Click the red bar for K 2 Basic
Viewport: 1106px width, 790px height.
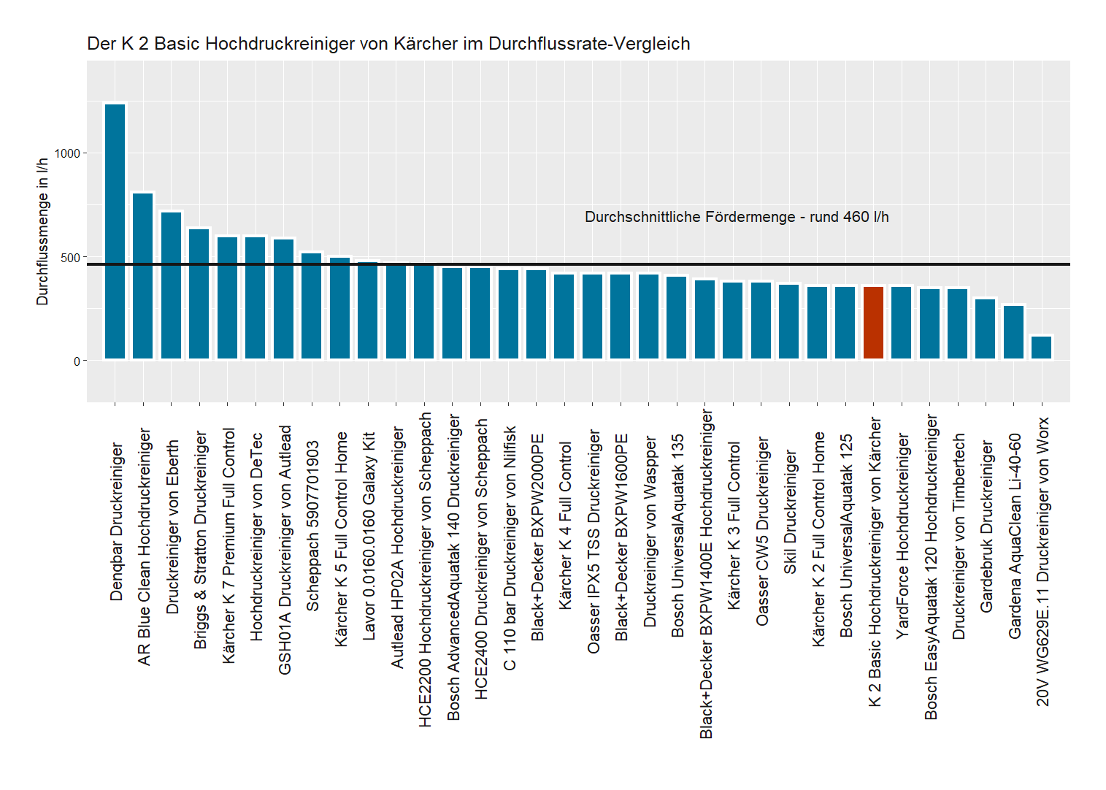click(873, 323)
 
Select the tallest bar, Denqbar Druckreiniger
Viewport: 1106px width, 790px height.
click(115, 231)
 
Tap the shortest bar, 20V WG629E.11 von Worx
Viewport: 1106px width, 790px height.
click(1042, 348)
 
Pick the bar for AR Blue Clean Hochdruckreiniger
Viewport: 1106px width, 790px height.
click(143, 276)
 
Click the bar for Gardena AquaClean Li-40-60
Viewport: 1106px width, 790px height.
click(1013, 332)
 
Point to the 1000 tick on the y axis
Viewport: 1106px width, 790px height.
click(67, 153)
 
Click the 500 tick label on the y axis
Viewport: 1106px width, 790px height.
click(71, 258)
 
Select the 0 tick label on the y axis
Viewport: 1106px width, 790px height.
click(77, 361)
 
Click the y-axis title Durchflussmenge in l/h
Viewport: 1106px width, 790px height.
click(42, 231)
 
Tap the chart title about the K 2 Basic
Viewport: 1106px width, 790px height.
click(388, 44)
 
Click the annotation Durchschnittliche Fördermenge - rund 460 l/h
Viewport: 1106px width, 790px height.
click(737, 217)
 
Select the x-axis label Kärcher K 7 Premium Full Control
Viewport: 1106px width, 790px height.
click(229, 545)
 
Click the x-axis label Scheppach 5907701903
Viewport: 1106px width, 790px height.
click(312, 526)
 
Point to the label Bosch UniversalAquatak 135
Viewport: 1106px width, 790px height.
click(677, 535)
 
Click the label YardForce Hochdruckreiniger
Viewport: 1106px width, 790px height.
click(902, 536)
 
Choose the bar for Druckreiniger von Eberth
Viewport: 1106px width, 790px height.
click(172, 285)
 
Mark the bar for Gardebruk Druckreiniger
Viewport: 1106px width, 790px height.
click(986, 329)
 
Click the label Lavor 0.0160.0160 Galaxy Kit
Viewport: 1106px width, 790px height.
click(369, 537)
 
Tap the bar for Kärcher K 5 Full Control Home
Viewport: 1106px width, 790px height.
click(340, 308)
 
